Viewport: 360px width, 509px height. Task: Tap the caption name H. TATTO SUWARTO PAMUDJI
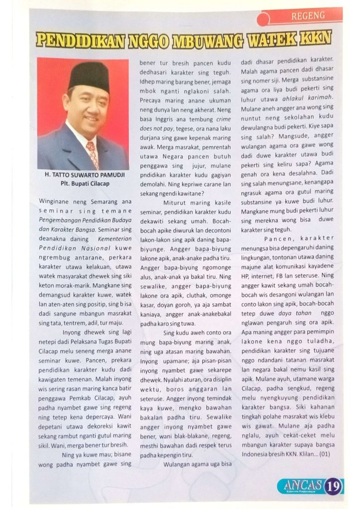tap(83, 175)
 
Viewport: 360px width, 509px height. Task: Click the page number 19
tap(332, 485)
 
